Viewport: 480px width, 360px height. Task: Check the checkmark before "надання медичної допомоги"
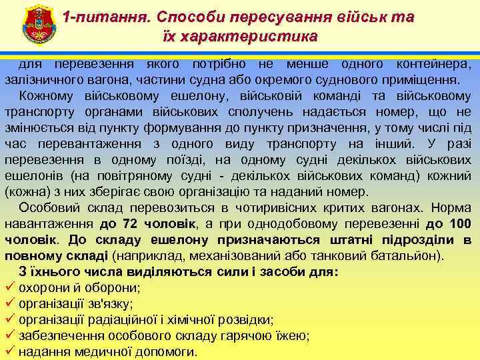click(x=10, y=351)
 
